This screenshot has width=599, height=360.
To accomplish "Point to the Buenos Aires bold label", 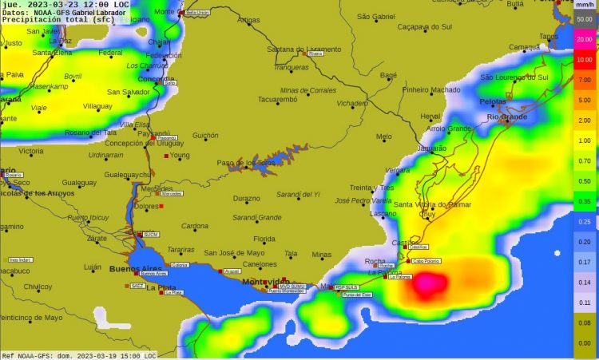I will coord(136,267).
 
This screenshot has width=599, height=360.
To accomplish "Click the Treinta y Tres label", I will coord(372,187).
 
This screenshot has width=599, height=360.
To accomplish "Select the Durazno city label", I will coord(246,198).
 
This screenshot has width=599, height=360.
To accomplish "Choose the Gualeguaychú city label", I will coord(128,174).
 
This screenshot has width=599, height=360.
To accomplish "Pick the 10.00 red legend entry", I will coord(585,59).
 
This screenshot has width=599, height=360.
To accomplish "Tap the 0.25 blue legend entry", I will coord(585,221).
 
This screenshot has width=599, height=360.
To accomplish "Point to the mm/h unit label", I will coord(585,5).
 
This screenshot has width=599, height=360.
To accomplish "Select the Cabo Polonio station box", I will coord(426,261).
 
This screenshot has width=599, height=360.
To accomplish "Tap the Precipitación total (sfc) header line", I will coord(59,20).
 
